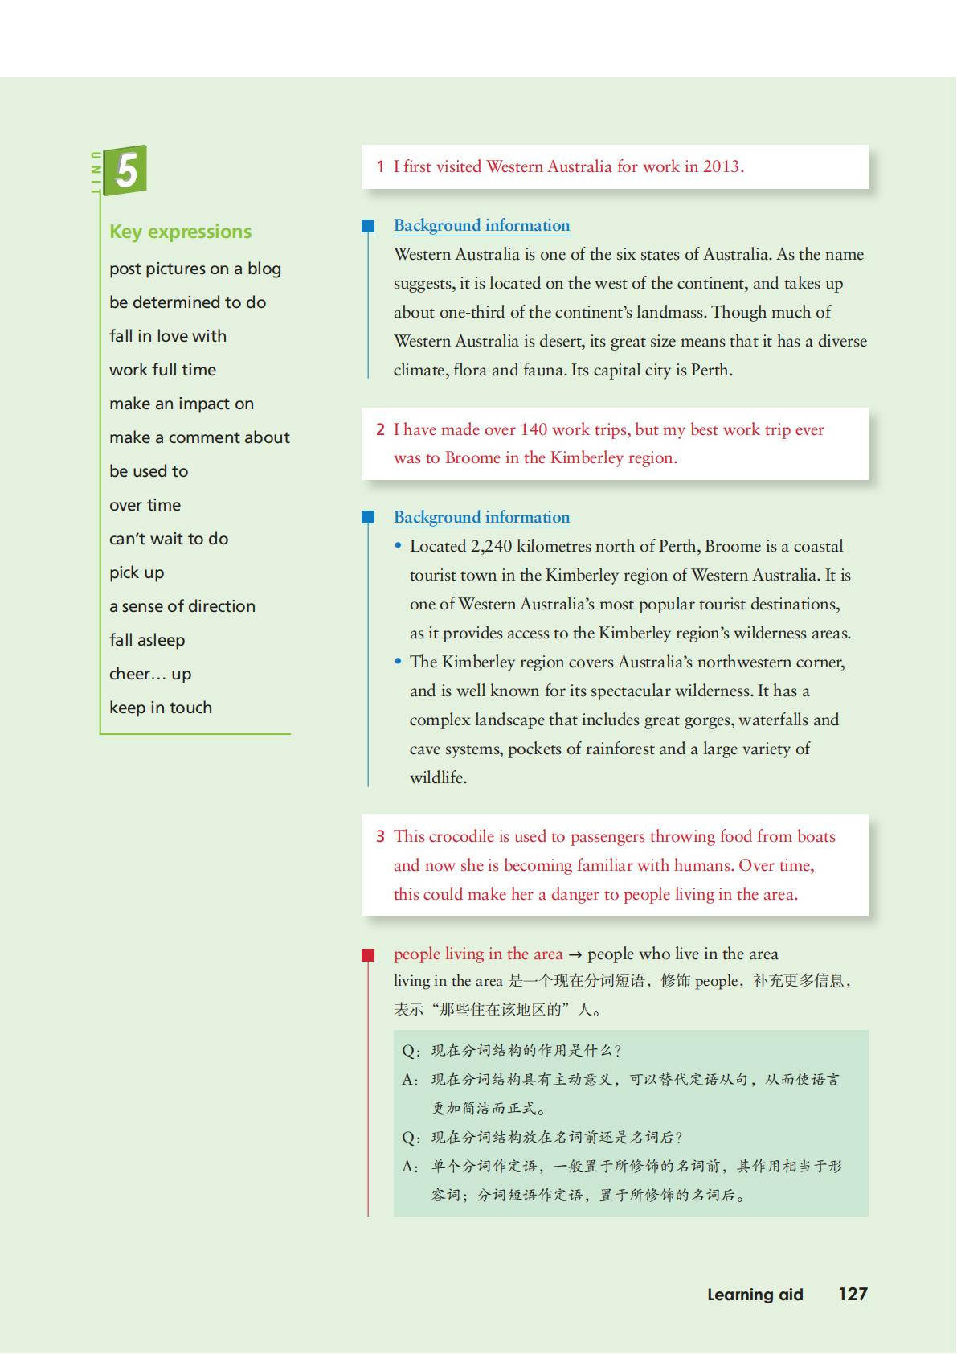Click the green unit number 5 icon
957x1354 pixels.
coord(125,170)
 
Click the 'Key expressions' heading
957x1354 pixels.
coord(180,232)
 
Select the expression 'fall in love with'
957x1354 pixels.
coord(168,336)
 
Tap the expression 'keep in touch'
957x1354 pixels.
coord(161,708)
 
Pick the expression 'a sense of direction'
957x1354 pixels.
coord(182,606)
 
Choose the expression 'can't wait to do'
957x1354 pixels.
coord(169,539)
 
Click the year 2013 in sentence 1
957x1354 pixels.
coord(722,167)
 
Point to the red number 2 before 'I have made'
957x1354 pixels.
coord(380,429)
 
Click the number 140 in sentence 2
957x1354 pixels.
coord(534,429)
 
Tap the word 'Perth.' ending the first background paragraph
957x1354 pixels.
coord(711,371)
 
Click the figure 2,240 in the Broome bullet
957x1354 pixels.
coord(491,547)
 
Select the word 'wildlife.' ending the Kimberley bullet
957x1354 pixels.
coord(438,778)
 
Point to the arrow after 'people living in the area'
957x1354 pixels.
coord(575,955)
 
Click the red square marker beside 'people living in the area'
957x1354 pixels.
coord(368,955)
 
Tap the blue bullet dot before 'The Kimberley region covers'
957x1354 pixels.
coord(398,662)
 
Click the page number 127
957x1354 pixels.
coord(853,1294)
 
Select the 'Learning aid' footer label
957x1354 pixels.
coord(755,1295)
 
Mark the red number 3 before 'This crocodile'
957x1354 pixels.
coord(380,837)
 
